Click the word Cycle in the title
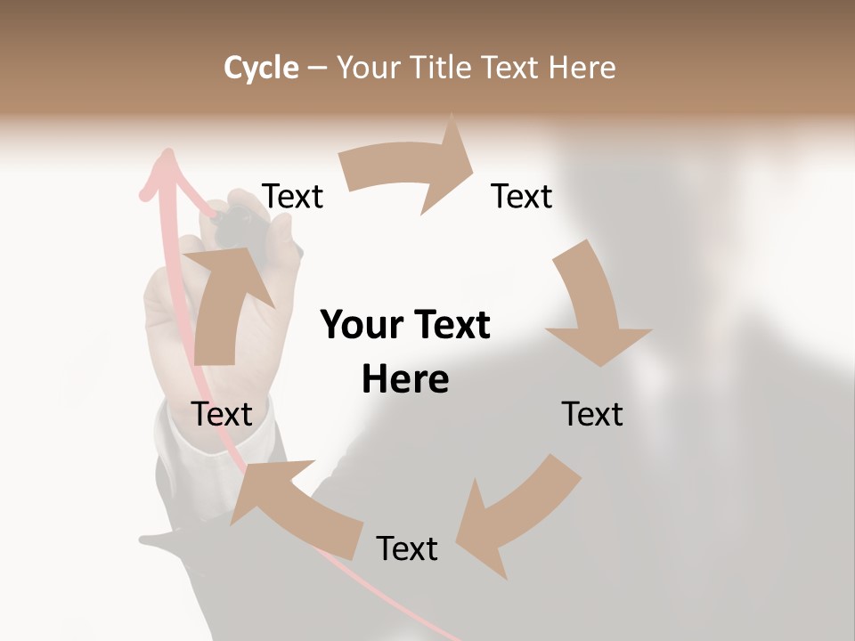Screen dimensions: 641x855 tap(261, 68)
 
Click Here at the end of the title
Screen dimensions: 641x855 tap(582, 68)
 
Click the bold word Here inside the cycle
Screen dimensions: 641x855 tap(405, 379)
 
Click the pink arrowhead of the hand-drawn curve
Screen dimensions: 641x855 tap(165, 165)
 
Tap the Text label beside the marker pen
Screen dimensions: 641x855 tap(293, 196)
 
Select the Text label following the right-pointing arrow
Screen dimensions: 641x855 tap(522, 196)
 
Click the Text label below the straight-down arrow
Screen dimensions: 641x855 tap(592, 414)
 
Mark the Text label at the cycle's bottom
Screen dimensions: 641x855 tap(407, 548)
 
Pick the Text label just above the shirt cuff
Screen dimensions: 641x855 tap(223, 414)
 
